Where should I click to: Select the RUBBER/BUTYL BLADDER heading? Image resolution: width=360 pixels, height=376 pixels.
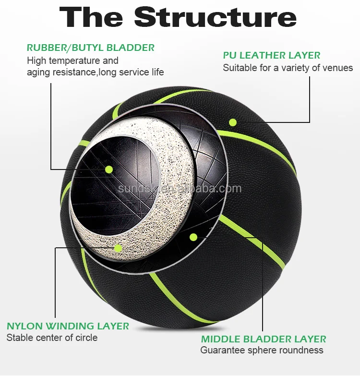(91, 48)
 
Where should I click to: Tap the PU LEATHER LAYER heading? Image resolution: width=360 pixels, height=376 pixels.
(272, 55)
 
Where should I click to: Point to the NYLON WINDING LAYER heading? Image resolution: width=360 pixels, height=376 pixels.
(68, 326)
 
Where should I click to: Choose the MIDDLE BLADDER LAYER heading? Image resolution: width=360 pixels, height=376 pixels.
(264, 339)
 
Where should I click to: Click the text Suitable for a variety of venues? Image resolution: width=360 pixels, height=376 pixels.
(288, 68)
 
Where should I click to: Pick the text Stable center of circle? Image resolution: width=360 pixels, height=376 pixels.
(52, 338)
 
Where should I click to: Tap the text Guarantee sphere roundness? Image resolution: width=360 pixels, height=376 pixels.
(262, 351)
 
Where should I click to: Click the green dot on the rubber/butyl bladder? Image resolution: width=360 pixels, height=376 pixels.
(109, 169)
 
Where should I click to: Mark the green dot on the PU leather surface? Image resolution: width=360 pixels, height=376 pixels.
(233, 122)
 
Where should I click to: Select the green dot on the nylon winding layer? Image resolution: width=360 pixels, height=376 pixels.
(118, 248)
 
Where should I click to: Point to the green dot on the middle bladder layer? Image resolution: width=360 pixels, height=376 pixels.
(193, 237)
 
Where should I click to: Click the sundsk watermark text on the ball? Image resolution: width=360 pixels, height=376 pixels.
(180, 189)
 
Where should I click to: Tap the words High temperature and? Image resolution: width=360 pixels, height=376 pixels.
(72, 61)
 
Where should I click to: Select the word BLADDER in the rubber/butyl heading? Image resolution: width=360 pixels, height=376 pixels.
(131, 48)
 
